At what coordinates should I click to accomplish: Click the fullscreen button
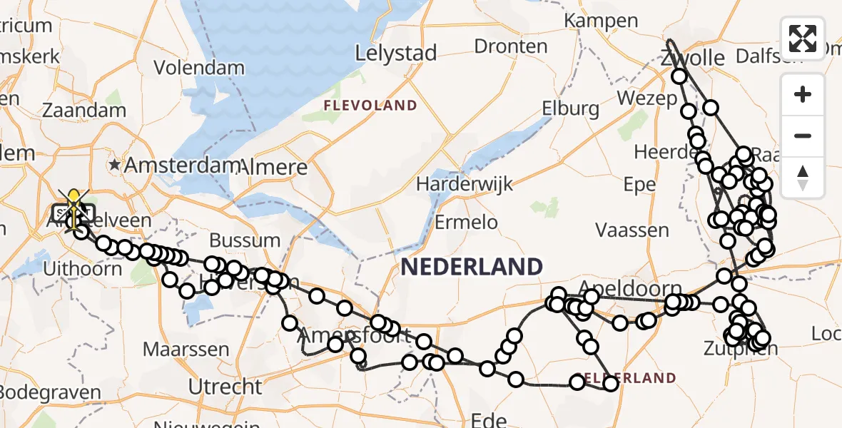pyautogui.click(x=803, y=38)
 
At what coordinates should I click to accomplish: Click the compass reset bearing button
pyautogui.click(x=803, y=178)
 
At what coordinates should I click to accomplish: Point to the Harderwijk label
pyautogui.click(x=465, y=184)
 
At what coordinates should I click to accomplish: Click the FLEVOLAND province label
pyautogui.click(x=370, y=106)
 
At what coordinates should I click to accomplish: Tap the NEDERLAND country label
pyautogui.click(x=472, y=267)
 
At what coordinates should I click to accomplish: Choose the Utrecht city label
pyautogui.click(x=225, y=387)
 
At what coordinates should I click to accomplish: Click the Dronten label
pyautogui.click(x=511, y=46)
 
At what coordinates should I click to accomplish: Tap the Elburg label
pyautogui.click(x=570, y=108)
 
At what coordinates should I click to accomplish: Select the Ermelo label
pyautogui.click(x=466, y=221)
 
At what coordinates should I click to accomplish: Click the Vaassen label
pyautogui.click(x=632, y=230)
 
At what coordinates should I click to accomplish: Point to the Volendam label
pyautogui.click(x=189, y=68)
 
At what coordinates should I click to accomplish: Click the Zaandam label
pyautogui.click(x=84, y=110)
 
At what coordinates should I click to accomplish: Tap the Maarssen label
pyautogui.click(x=186, y=350)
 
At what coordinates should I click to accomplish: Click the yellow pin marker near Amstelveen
pyautogui.click(x=73, y=203)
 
